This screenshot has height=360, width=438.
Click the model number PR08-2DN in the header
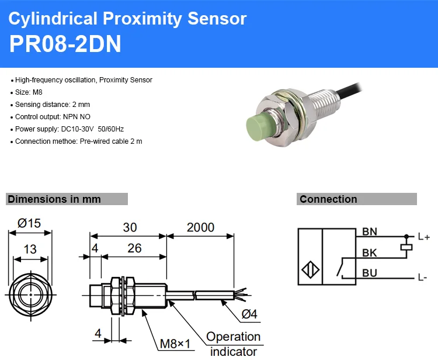pos(65,44)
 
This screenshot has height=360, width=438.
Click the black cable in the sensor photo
pos(350,90)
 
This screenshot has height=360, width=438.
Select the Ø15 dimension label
pos(29,223)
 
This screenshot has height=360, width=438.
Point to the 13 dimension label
pos(30,249)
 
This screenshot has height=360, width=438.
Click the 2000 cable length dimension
pos(200,227)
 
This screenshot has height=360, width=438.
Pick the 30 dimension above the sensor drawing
pos(130,227)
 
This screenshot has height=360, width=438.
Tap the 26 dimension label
pos(134,248)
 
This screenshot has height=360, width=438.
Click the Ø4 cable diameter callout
pos(249,314)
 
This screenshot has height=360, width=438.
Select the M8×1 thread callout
pos(175,344)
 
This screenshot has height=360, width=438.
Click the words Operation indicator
pos(234,344)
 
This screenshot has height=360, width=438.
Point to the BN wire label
pos(370,231)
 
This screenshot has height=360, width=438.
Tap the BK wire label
pos(370,252)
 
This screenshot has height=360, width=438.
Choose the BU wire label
pos(370,273)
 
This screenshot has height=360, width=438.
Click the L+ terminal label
pos(424,237)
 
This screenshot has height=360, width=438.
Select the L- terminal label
pos(423,277)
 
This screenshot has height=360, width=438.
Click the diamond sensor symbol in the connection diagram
pos(310,270)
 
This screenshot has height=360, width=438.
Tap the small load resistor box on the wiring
pos(406,247)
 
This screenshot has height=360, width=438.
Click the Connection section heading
pos(328,199)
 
